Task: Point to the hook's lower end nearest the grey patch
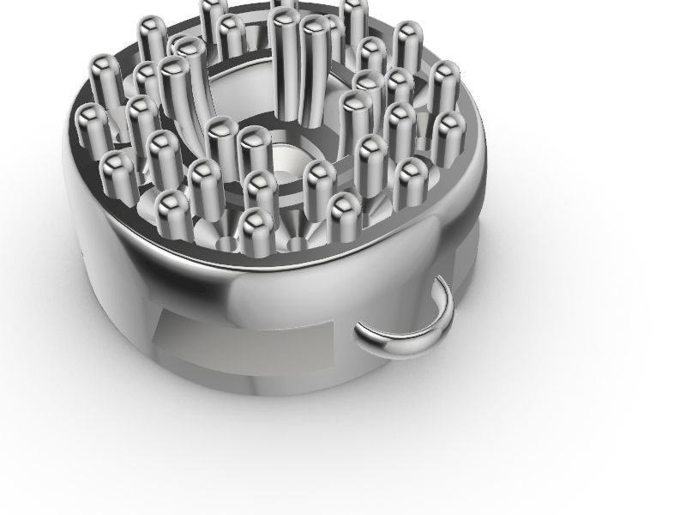pyautogui.click(x=364, y=330)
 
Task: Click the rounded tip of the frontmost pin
pyautogui.click(x=256, y=218)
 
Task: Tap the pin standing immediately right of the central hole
pyautogui.click(x=318, y=172)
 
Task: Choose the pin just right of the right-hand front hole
pyautogui.click(x=345, y=206)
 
